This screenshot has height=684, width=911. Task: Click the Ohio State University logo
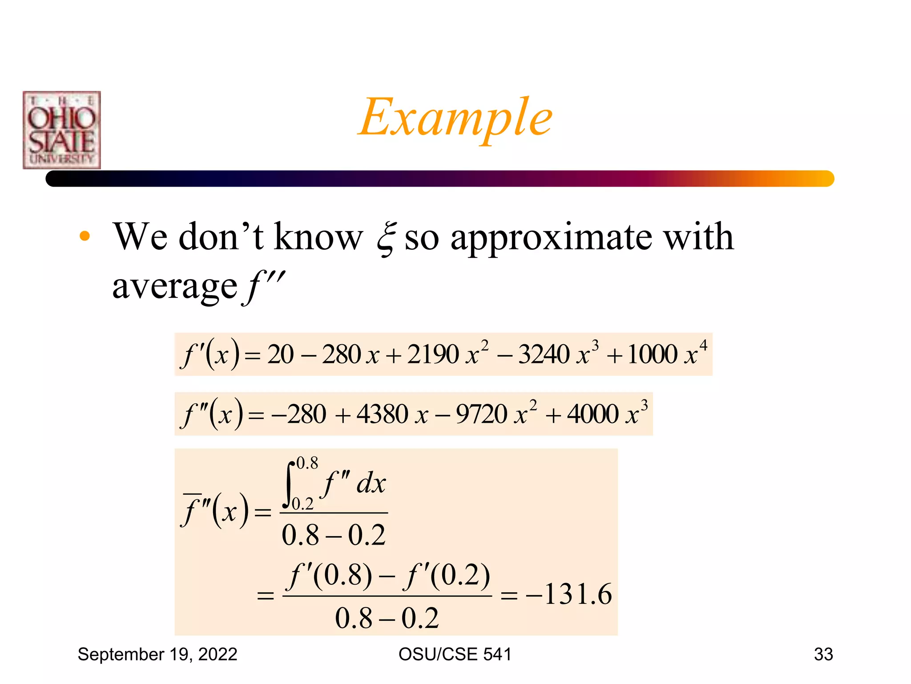tap(62, 130)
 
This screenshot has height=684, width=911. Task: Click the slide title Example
tap(455, 118)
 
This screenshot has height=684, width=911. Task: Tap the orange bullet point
tap(85, 236)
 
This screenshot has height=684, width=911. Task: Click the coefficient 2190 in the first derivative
tap(432, 354)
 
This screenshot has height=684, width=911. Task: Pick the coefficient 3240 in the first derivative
tap(544, 354)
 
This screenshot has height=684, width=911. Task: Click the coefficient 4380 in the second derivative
tap(382, 414)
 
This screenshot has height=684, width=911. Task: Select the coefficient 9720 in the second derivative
tap(481, 414)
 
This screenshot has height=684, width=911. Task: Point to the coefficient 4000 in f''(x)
tap(593, 414)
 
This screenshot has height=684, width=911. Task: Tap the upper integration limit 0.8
tap(307, 463)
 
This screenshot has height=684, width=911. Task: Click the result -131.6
tap(569, 594)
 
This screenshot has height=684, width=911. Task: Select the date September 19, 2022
tap(157, 654)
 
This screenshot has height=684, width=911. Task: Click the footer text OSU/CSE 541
tap(455, 654)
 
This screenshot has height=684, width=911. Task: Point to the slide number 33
tap(823, 654)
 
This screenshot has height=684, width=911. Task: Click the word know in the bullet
tap(318, 237)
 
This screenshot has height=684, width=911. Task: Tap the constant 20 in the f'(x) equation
tap(280, 354)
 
